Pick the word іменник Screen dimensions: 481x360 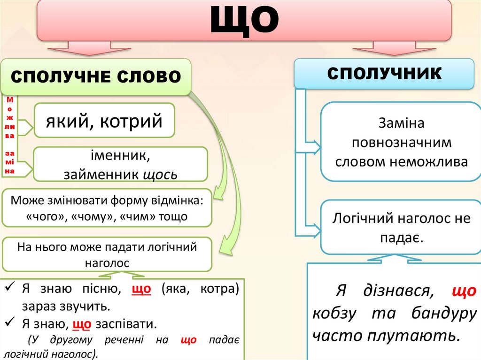[x=121, y=155]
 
